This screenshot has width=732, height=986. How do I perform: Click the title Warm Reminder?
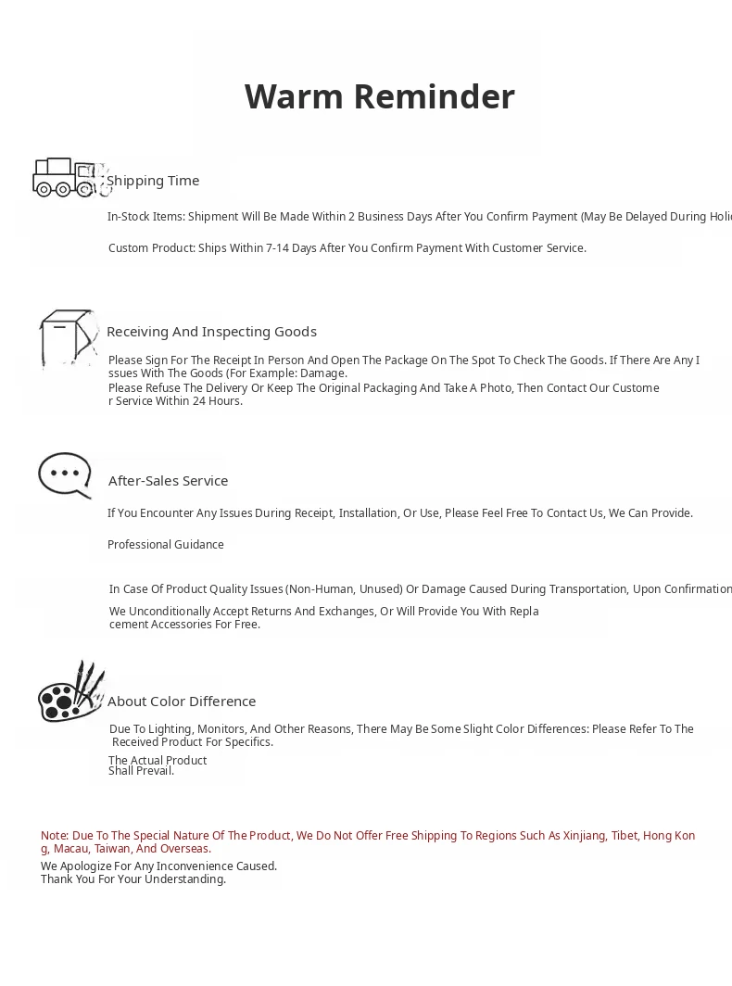pyautogui.click(x=379, y=96)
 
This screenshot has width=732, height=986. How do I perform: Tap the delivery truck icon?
pyautogui.click(x=69, y=177)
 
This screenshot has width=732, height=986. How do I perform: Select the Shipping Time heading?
pyautogui.click(x=153, y=181)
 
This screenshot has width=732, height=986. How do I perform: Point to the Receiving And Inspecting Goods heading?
pyautogui.click(x=211, y=332)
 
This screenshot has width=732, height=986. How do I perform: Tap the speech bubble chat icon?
pyautogui.click(x=65, y=475)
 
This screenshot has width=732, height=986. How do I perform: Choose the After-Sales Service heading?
pyautogui.click(x=168, y=481)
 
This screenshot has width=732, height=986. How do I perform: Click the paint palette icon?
pyautogui.click(x=70, y=692)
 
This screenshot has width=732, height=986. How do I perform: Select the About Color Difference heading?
pyautogui.click(x=182, y=702)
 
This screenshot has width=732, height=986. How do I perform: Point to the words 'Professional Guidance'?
pyautogui.click(x=166, y=545)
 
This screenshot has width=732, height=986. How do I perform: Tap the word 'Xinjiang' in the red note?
pyautogui.click(x=585, y=836)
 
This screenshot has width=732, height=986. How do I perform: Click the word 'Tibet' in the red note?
pyautogui.click(x=624, y=836)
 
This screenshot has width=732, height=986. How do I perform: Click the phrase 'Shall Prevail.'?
pyautogui.click(x=141, y=771)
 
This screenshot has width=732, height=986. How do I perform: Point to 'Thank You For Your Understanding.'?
pyautogui.click(x=133, y=879)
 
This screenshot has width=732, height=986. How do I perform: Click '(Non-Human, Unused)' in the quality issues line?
pyautogui.click(x=344, y=589)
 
